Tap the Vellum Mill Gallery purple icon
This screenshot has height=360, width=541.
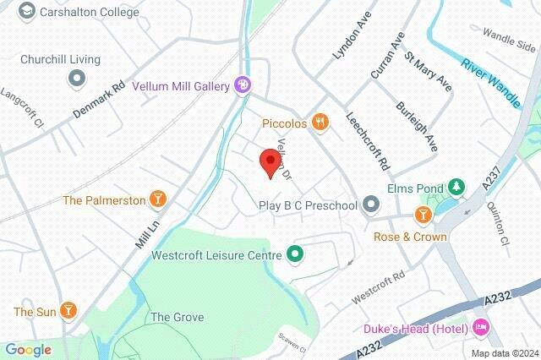243,85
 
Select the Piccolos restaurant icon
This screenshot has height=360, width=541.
320,123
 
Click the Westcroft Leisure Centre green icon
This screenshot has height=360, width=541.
295,253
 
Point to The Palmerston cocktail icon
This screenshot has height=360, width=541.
157,200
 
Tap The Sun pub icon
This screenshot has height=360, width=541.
69,312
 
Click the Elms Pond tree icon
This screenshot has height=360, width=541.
456,187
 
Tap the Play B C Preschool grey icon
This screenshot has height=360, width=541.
370,205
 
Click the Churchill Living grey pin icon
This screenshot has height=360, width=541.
77,79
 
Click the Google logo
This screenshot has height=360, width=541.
28,350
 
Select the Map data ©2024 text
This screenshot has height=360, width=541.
504,353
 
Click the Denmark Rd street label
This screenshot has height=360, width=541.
100,99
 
